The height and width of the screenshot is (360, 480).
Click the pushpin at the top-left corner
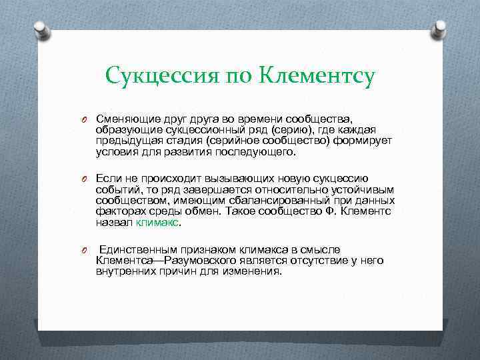[x=41, y=30]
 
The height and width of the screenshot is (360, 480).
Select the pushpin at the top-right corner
[x=440, y=29]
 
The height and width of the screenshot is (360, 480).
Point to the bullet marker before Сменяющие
[x=85, y=119]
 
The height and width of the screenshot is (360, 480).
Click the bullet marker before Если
[x=85, y=178]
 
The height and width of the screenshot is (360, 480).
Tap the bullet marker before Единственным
[x=85, y=249]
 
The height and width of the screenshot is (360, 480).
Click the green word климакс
[x=157, y=222]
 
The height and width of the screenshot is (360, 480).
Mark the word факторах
[x=118, y=211]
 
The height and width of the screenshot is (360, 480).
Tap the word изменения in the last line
[x=254, y=271]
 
